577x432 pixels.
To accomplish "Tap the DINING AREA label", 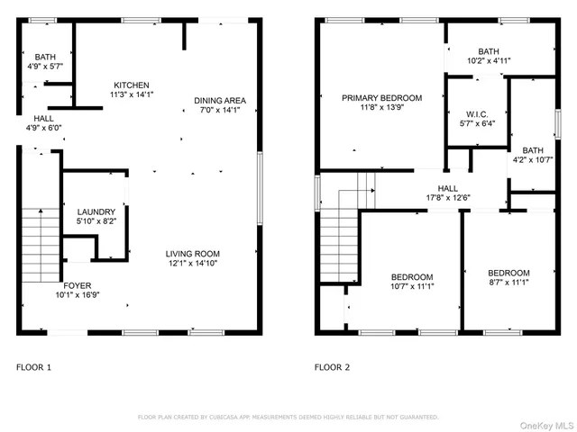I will [x=220, y=100].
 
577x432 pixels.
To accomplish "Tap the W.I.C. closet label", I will [x=476, y=114].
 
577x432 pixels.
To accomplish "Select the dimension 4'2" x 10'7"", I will [x=533, y=161].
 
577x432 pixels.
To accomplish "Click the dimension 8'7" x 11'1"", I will [x=508, y=282].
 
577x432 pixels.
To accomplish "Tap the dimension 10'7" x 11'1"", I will [x=411, y=286].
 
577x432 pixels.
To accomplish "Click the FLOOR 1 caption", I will [x=34, y=367].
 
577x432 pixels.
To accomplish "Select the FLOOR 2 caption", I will [x=332, y=367].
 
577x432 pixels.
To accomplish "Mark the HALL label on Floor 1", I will [x=43, y=118].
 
